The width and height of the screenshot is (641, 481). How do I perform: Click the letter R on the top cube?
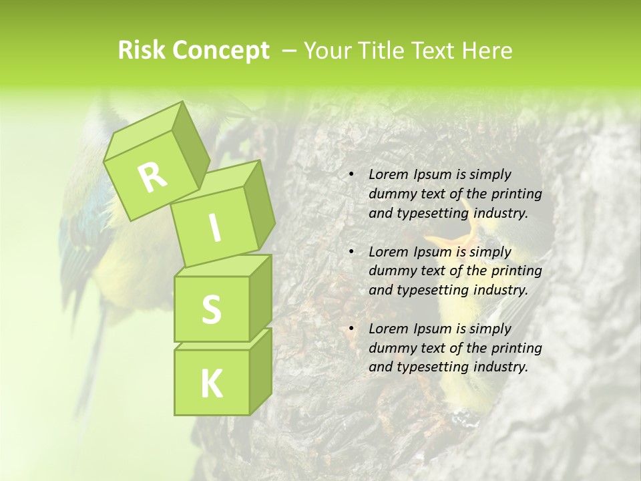[x=152, y=177]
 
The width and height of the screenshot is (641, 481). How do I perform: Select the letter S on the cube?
[x=211, y=309]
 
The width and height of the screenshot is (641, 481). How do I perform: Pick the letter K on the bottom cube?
[x=211, y=383]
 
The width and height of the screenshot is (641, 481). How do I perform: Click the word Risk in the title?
[x=142, y=51]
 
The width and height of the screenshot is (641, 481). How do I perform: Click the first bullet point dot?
[x=351, y=175]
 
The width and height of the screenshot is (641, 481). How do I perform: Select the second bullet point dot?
[x=351, y=253]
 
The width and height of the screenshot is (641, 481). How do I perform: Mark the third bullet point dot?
[x=351, y=329]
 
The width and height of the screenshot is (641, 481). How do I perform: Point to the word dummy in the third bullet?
[x=389, y=348]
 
